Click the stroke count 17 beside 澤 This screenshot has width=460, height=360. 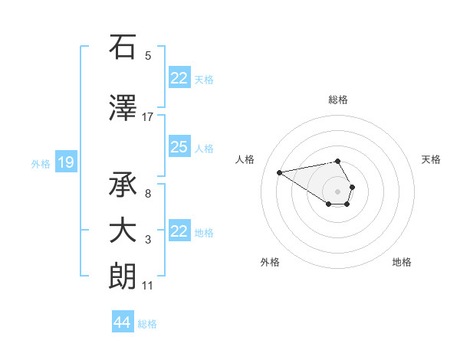click(148, 116)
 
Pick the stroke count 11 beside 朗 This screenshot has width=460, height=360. click(148, 286)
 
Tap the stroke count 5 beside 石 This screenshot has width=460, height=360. click(148, 55)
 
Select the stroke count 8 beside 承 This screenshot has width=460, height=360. click(148, 194)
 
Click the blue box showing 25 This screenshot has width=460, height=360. click(179, 147)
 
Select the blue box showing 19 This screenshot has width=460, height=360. click(66, 162)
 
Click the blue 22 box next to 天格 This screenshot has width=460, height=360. click(179, 78)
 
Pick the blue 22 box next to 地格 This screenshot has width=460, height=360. click(179, 231)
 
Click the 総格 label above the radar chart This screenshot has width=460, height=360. click(338, 100)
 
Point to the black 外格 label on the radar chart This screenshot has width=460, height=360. click(270, 262)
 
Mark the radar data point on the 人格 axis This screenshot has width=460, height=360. click(280, 172)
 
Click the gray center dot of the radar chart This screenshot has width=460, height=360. click(338, 191)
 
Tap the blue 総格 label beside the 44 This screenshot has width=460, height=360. click(147, 324)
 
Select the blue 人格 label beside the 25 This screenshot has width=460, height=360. click(204, 149)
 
